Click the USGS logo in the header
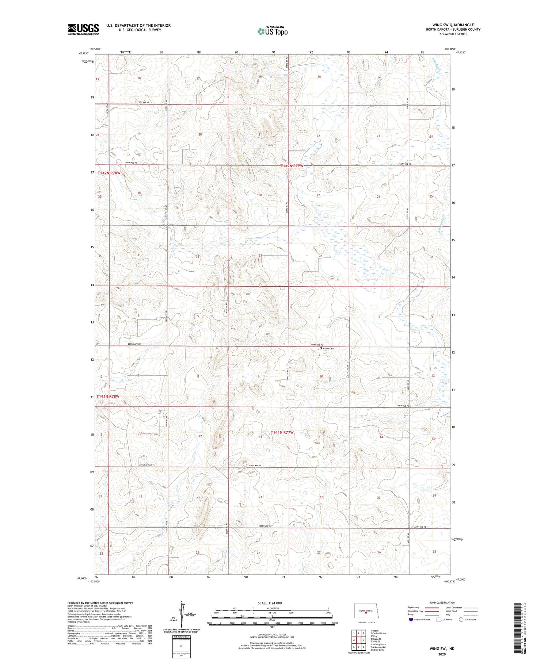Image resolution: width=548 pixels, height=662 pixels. click(83, 29)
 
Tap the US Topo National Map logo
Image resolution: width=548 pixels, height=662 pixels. click(272, 31)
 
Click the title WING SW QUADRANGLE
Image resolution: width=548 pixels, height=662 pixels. click(453, 25)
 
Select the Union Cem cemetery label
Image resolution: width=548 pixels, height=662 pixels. click(328, 348)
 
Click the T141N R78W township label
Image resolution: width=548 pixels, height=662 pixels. click(109, 396)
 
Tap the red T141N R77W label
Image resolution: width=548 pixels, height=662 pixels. click(282, 432)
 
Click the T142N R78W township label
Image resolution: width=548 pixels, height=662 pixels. click(109, 173)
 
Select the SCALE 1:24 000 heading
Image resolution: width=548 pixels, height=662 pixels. click(270, 603)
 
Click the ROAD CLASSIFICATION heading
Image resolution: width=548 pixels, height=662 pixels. click(442, 602)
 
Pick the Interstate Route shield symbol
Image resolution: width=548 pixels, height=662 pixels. click(411, 619)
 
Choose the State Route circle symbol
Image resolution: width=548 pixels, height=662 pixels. click(461, 619)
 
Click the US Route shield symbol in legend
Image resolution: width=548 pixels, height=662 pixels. click(438, 619)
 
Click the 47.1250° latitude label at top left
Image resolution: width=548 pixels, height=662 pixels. click(84, 53)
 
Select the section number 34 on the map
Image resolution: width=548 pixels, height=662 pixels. click(320, 256)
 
